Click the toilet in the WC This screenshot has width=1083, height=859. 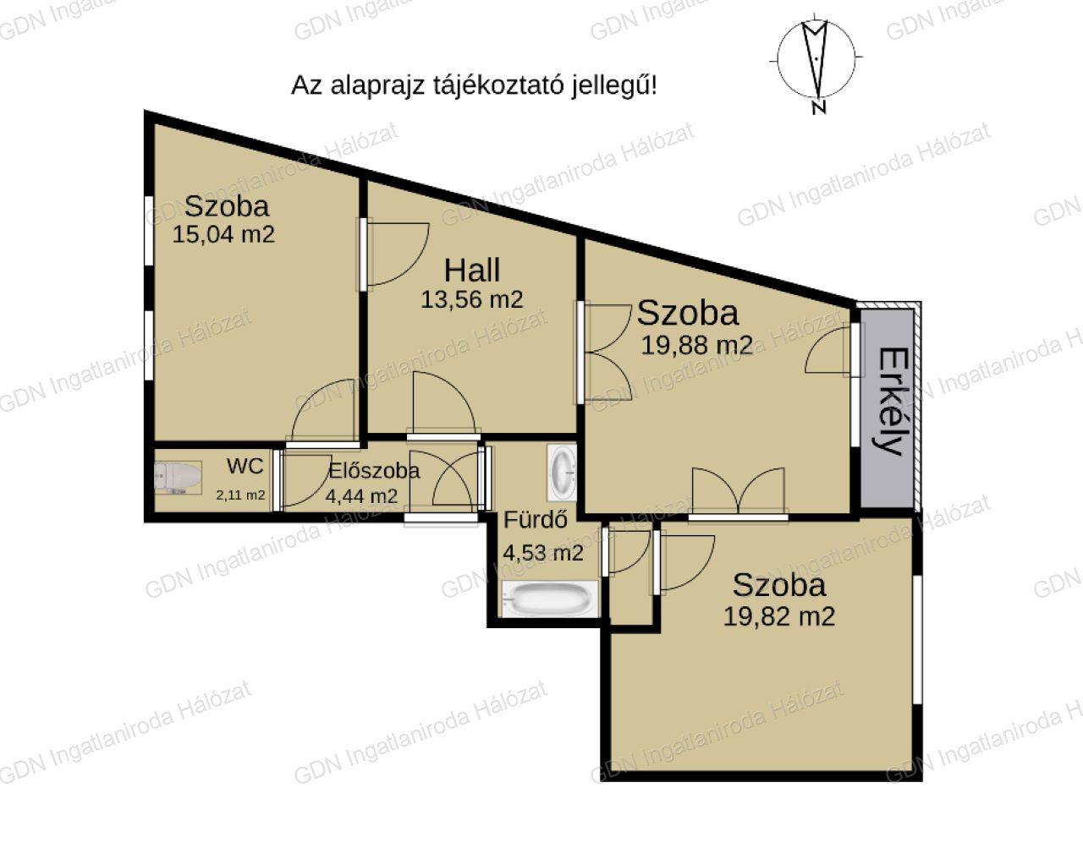click(178, 476)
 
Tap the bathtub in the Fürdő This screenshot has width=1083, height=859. click(550, 599)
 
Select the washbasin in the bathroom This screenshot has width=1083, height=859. click(562, 473)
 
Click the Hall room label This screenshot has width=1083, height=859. click(472, 270)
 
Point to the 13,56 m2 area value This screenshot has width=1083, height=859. click(471, 300)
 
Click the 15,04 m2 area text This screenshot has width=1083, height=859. click(223, 235)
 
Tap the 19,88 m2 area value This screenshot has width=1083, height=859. click(697, 346)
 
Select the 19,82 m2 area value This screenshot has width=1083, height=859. click(779, 616)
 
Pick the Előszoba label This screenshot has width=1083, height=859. click(374, 471)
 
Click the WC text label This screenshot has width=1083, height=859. click(245, 466)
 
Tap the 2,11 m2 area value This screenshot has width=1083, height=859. click(240, 495)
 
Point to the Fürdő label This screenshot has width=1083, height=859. click(536, 519)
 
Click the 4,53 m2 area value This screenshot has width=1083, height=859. click(543, 553)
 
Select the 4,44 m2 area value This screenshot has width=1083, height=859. click(362, 497)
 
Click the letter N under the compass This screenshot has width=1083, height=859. click(819, 107)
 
